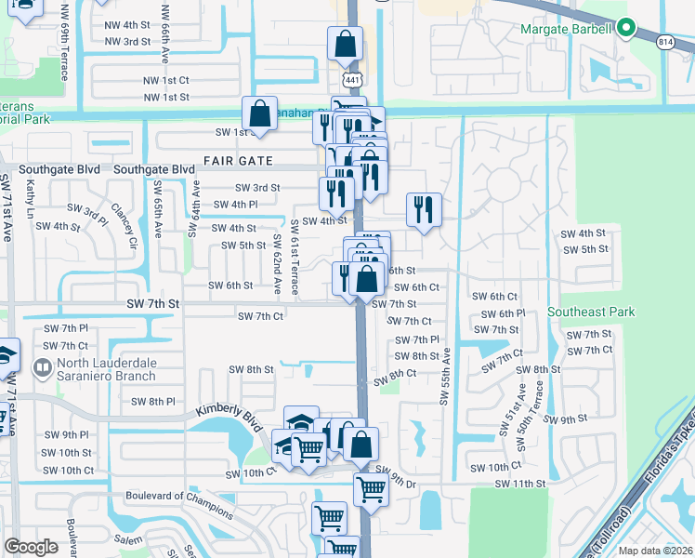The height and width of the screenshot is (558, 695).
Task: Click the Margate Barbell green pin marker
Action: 626,29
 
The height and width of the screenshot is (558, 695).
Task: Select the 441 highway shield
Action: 351,80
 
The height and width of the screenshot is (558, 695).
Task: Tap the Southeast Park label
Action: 591,312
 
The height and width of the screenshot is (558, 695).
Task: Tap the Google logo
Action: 32,546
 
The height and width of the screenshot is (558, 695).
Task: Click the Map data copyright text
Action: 656,550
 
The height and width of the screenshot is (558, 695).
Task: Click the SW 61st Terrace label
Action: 294,259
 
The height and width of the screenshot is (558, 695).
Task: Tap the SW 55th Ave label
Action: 445,376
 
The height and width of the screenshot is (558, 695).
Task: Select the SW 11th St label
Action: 518,484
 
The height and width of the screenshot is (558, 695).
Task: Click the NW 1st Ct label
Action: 166,80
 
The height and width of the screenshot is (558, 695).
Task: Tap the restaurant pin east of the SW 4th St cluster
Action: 424,210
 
